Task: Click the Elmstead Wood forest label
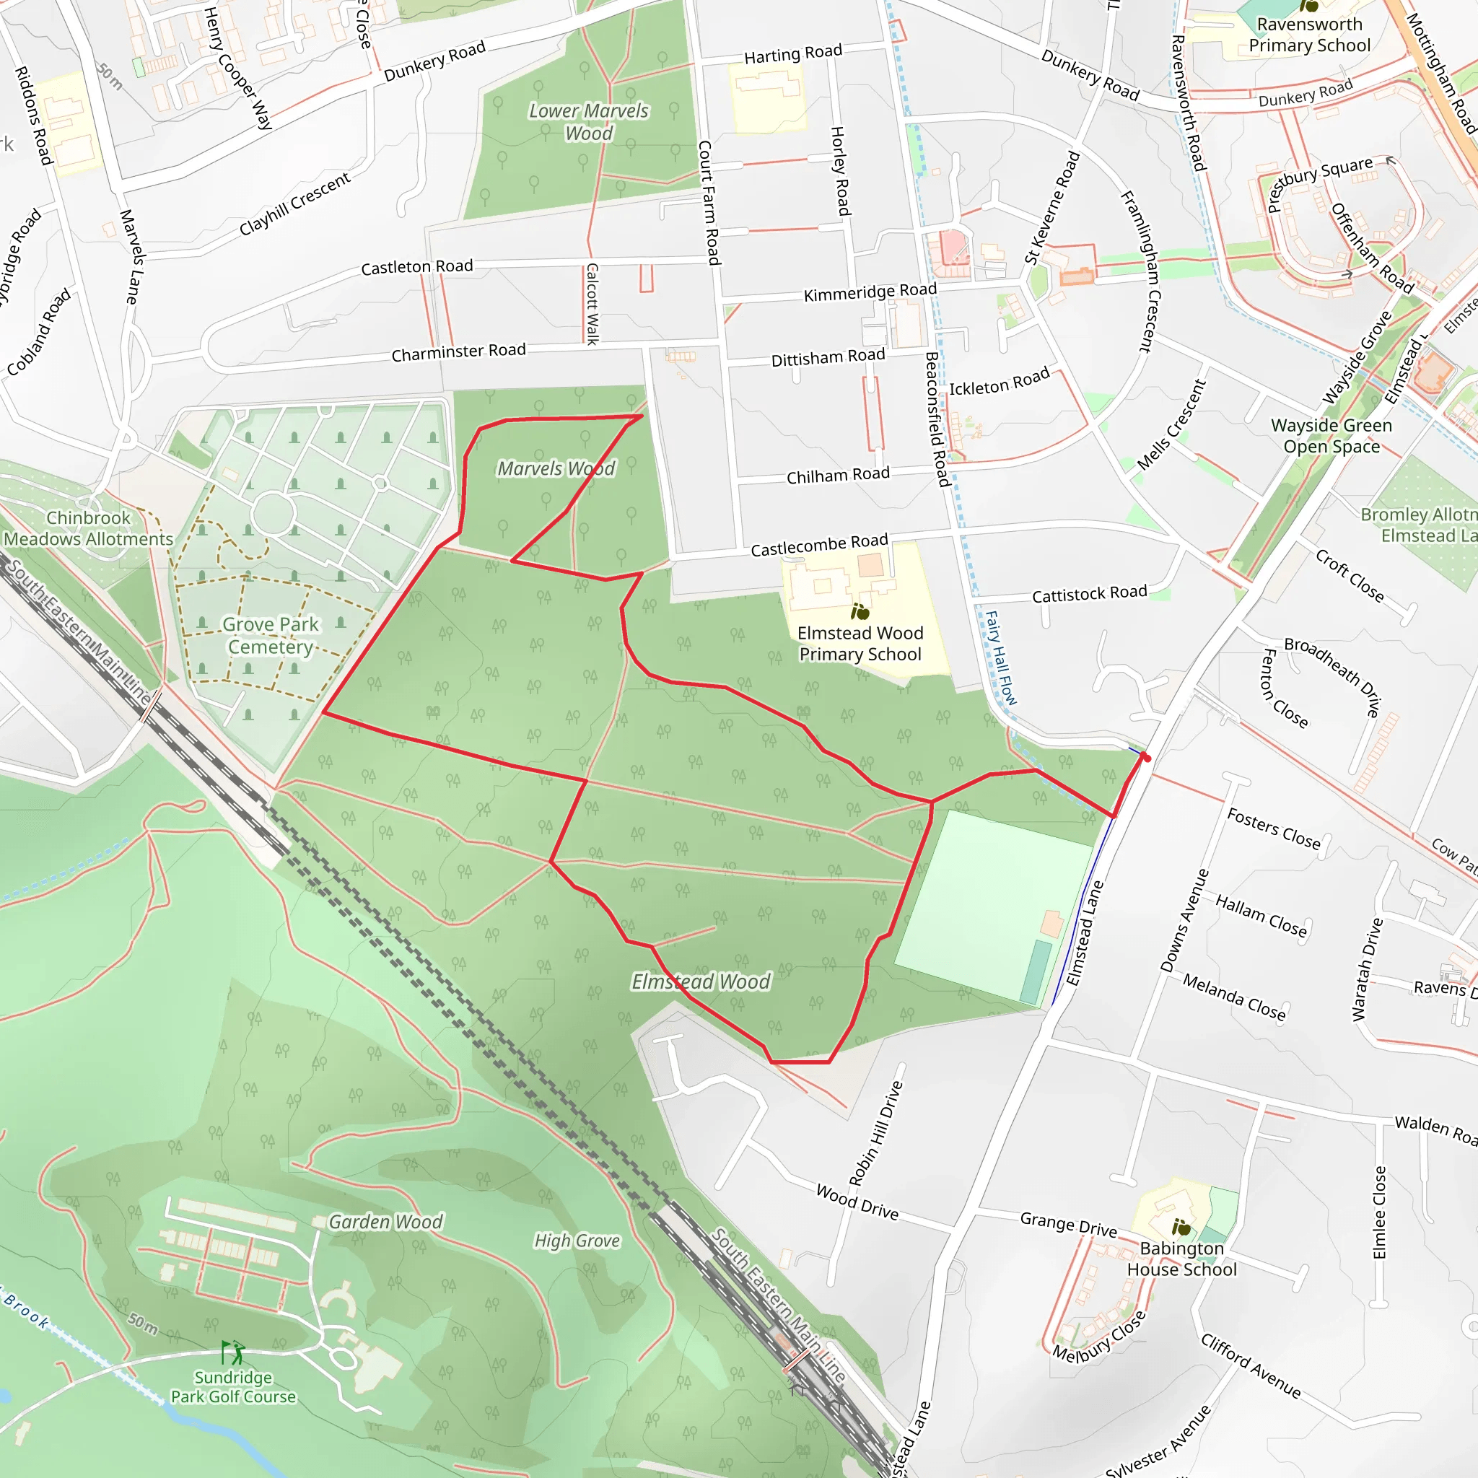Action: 701,981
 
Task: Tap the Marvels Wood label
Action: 556,468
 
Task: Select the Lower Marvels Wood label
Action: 588,122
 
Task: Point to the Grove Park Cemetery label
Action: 270,636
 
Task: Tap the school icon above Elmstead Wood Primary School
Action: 860,611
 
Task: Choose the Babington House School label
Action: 1181,1259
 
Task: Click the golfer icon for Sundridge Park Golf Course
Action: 232,1352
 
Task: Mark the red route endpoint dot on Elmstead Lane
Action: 1145,757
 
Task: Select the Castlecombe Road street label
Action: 818,545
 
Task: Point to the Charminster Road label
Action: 458,352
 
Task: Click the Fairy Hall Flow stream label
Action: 1001,657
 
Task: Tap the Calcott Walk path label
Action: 591,304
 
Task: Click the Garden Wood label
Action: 385,1222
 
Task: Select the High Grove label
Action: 577,1240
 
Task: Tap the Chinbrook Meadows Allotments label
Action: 89,528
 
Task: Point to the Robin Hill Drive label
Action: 876,1133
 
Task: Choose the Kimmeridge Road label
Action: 870,292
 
